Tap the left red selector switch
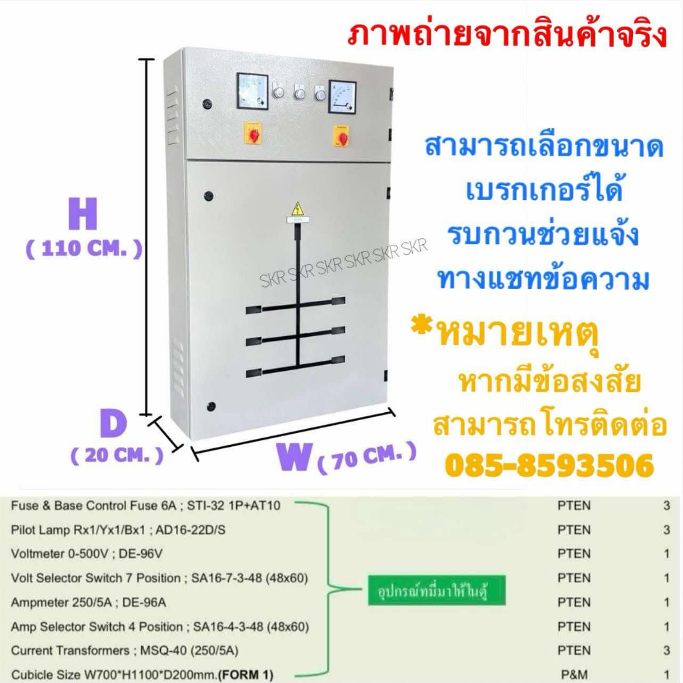254,134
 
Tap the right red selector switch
343,137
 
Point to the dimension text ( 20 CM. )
117,456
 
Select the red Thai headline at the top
506,34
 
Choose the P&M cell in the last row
574,674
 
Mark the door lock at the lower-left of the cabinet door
211,406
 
